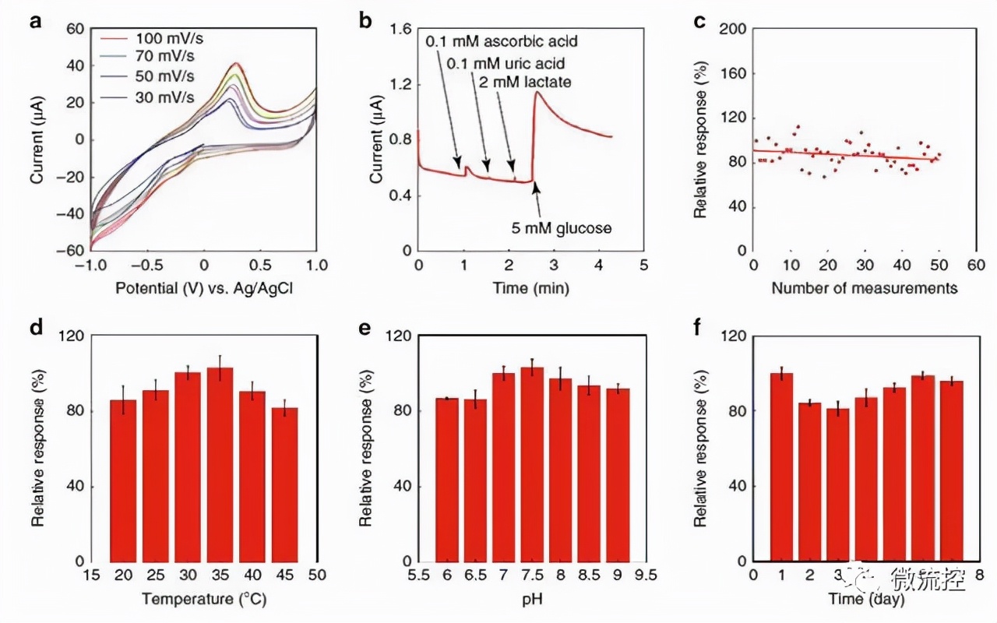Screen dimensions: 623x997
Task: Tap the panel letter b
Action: coord(365,22)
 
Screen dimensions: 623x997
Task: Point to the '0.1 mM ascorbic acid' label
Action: coord(503,41)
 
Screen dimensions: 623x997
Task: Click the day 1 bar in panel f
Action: coord(781,467)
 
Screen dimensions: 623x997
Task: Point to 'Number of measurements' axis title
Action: coord(864,289)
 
